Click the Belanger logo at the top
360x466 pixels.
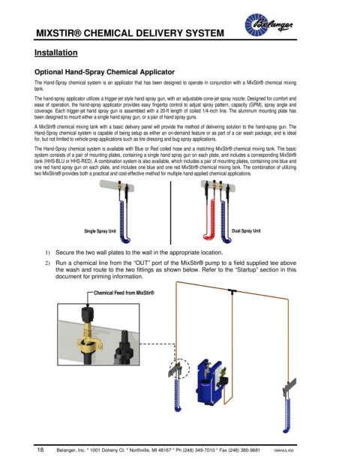(x=268, y=25)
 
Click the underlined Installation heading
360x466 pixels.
(x=55, y=53)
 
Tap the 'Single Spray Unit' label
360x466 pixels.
(x=100, y=231)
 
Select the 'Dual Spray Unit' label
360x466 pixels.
(x=246, y=230)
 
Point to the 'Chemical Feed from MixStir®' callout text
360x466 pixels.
(x=124, y=293)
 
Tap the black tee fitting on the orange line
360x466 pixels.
(x=232, y=290)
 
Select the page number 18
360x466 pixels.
(x=40, y=449)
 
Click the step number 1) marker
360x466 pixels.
(x=47, y=253)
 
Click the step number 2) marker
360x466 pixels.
(x=47, y=263)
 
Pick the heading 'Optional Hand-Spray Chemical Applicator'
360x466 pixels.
(x=104, y=72)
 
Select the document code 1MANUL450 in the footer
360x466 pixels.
(x=283, y=450)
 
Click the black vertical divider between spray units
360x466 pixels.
(x=170, y=212)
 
